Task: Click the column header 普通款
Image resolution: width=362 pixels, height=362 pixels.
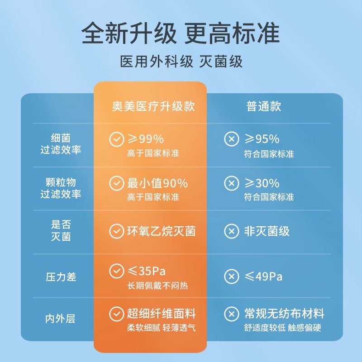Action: pyautogui.click(x=264, y=106)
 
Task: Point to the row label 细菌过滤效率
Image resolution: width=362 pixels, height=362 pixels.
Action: pyautogui.click(x=61, y=144)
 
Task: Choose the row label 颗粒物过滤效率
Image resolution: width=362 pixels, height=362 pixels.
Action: pyautogui.click(x=61, y=188)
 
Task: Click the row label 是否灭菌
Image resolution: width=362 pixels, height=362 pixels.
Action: pyautogui.click(x=61, y=230)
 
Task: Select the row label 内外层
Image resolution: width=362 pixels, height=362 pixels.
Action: pyautogui.click(x=61, y=319)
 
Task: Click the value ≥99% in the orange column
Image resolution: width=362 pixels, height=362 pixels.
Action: pyautogui.click(x=145, y=139)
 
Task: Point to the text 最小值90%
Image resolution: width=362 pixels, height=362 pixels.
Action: pyautogui.click(x=157, y=183)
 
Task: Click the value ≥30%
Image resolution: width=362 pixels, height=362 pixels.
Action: pyautogui.click(x=262, y=183)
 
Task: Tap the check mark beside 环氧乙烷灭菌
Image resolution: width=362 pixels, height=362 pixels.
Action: pyautogui.click(x=116, y=232)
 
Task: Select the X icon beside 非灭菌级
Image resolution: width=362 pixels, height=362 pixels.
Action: pyautogui.click(x=232, y=232)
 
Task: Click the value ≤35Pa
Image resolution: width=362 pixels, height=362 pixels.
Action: pyautogui.click(x=146, y=271)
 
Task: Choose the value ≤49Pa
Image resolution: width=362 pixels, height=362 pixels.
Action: pyautogui.click(x=263, y=276)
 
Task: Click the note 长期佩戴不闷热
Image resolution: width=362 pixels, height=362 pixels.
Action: pyautogui.click(x=157, y=286)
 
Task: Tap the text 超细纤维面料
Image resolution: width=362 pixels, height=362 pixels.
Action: pyautogui.click(x=162, y=314)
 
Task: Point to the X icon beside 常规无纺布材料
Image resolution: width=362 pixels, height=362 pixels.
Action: pyautogui.click(x=232, y=314)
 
